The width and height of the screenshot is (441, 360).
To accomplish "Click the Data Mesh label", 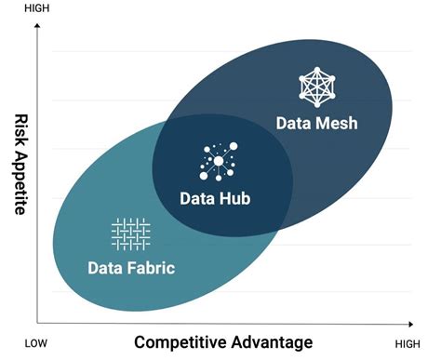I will (x=317, y=123).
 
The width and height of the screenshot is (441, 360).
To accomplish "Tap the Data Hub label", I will (x=215, y=197).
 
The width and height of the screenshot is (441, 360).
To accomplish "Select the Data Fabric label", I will (x=131, y=268).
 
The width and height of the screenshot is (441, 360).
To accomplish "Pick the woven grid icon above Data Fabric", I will (x=130, y=233).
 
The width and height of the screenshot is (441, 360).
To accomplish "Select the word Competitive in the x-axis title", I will (x=182, y=341).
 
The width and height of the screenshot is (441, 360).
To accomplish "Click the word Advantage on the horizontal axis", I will (x=271, y=341).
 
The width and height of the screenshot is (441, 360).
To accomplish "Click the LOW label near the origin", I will (x=36, y=343).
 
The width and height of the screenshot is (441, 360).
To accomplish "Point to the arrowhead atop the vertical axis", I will (x=36, y=28).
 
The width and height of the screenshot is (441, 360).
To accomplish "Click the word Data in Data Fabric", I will (x=106, y=268).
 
